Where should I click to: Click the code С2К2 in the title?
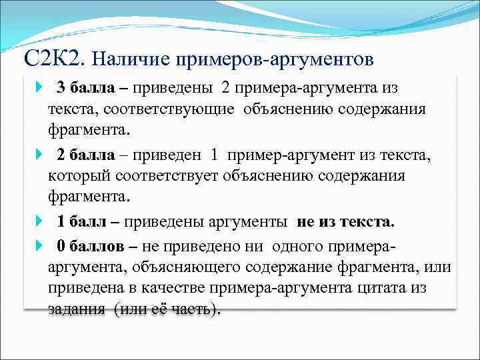coord(53,59)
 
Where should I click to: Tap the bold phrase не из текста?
coord(345,221)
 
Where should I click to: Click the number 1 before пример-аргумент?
coord(214,155)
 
